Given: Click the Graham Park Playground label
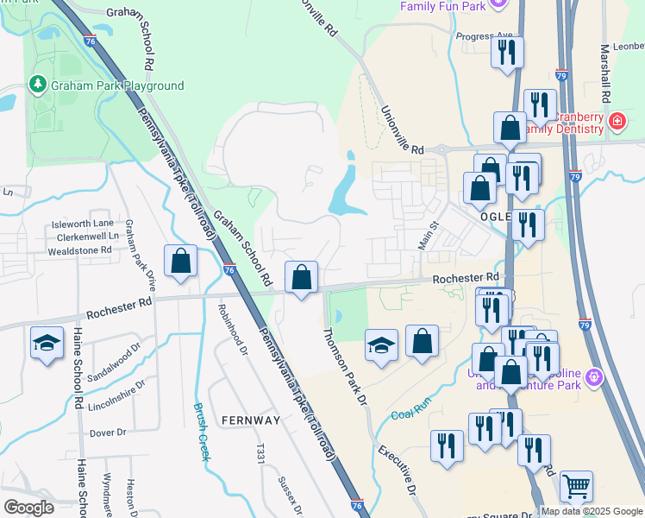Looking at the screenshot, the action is [117, 85].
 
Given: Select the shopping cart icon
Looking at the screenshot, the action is [575, 485].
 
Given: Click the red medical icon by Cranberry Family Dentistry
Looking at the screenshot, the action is [617, 120].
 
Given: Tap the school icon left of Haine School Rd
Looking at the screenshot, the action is [46, 343].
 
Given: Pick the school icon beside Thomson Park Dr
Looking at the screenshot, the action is [381, 345].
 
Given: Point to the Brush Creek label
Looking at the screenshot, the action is [201, 432].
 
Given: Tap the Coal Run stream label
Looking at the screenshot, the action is [410, 414].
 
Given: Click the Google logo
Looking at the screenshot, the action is [28, 507].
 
